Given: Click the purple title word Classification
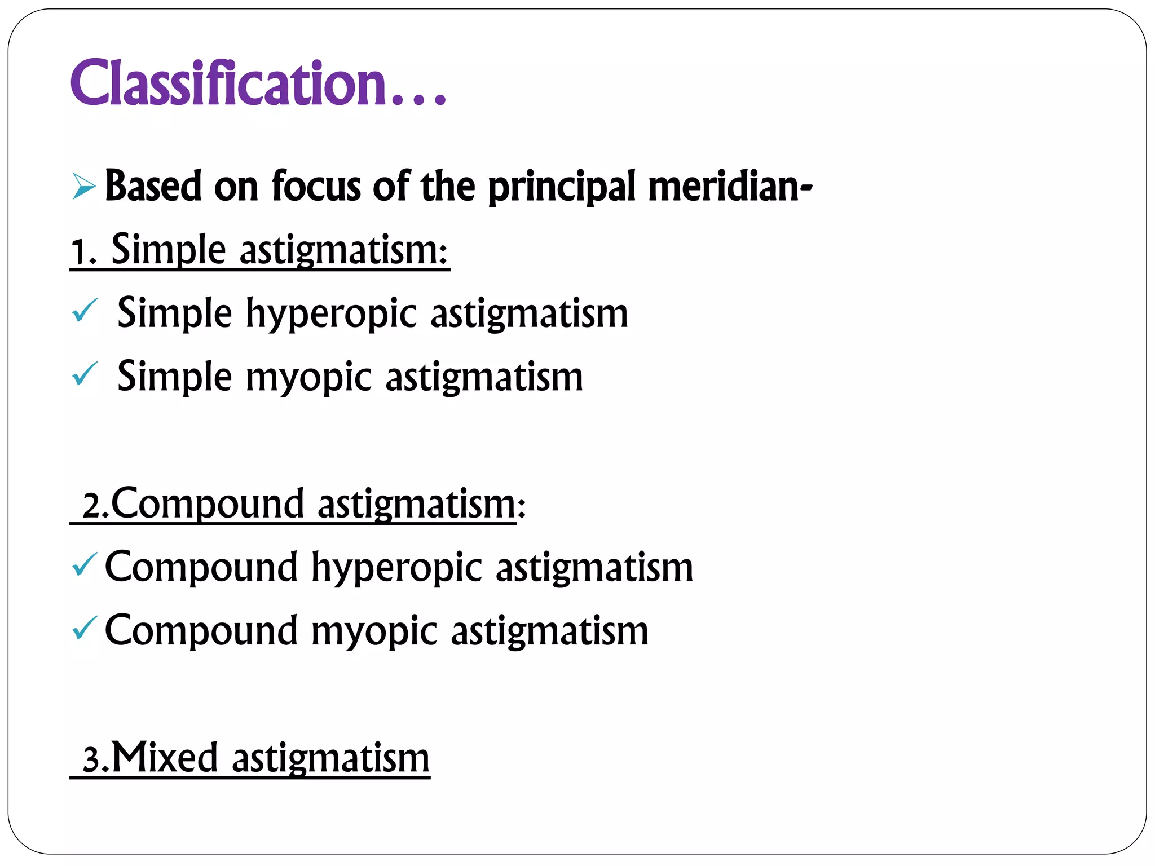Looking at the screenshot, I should [x=228, y=83].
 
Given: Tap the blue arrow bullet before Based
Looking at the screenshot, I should [x=84, y=187].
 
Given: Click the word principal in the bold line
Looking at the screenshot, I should [x=562, y=187].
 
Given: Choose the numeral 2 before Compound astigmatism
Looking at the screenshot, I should [x=91, y=505].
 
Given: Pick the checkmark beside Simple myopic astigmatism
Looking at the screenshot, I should [x=85, y=374].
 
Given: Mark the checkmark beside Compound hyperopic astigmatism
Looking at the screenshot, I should [x=85, y=565].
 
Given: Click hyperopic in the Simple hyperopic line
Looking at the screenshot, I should [x=332, y=314].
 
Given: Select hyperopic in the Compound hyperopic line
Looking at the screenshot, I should [x=397, y=568].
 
